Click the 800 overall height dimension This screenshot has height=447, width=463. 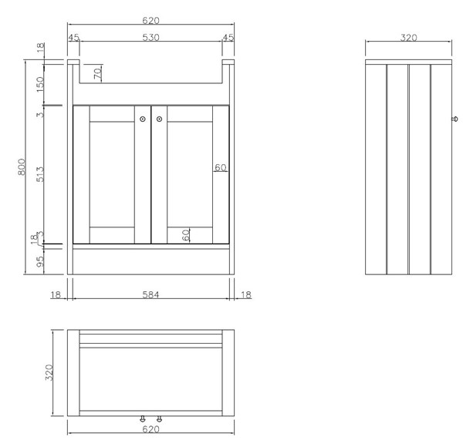coord(22,167)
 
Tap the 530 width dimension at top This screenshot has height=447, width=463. coord(150,38)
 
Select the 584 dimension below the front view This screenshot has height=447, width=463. coord(150,294)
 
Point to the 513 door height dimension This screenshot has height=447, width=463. coord(40,174)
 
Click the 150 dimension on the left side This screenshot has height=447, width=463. coord(40,84)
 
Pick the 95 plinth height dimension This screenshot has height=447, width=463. coord(40,261)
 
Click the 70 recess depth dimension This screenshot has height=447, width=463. coord(98,72)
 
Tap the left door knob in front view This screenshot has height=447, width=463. coord(143,119)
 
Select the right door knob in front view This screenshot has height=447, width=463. coord(160,119)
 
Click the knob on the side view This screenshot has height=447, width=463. coord(455,119)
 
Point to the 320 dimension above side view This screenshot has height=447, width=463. coord(409,38)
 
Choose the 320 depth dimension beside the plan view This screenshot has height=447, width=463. coord(49,372)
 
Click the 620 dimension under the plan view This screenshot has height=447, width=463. coord(150,429)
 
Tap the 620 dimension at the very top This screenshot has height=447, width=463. coord(150,20)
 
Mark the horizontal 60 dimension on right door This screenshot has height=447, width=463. coord(220,167)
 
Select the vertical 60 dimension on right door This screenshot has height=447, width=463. coord(186,235)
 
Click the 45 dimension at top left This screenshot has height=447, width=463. coord(74,38)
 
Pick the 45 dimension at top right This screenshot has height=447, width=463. coord(228,38)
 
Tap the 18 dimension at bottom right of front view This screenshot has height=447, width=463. coord(246,294)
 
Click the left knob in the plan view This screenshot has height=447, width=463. coord(143,419)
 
